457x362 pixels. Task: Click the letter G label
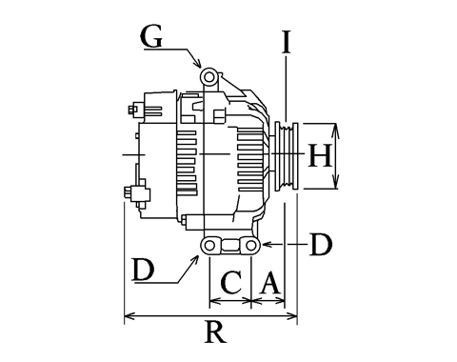click(151, 36)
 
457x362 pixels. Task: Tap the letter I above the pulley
click(287, 42)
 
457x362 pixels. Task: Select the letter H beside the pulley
click(320, 155)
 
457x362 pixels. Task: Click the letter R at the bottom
click(216, 332)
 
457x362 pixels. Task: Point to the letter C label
click(231, 282)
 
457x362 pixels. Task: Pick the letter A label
click(270, 282)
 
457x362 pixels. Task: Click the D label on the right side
click(321, 245)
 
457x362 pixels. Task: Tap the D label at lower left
click(144, 270)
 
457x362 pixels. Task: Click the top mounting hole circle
click(209, 77)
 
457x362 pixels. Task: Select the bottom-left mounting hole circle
click(209, 246)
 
